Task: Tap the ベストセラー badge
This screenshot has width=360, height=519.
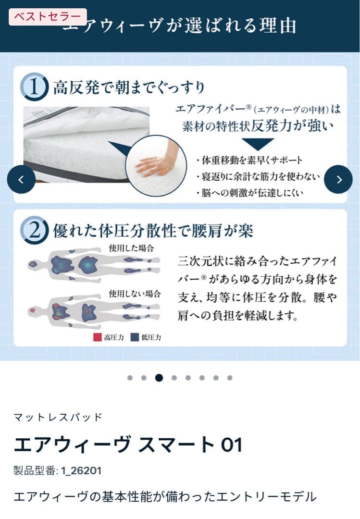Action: [48, 17]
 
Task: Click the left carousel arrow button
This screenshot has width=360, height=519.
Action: [21, 179]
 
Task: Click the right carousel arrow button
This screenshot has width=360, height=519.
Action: [338, 179]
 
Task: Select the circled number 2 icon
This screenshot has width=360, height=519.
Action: [34, 231]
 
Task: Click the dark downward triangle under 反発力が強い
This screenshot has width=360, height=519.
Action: [257, 144]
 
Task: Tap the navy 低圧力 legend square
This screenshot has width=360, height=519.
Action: [135, 337]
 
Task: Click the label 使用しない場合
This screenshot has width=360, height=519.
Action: [135, 293]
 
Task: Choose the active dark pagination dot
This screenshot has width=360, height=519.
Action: [159, 378]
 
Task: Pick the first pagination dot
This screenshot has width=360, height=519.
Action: [130, 378]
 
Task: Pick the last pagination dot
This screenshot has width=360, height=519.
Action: [230, 378]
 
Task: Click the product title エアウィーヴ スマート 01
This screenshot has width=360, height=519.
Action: [128, 445]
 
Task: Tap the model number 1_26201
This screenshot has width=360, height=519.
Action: [81, 470]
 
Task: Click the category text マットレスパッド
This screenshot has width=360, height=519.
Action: [58, 417]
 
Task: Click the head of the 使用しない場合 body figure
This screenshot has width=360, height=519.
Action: [34, 311]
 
